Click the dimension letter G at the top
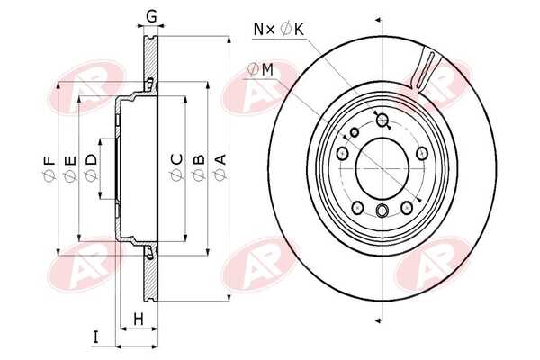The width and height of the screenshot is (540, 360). [151, 16]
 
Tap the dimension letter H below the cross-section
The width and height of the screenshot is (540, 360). [139, 319]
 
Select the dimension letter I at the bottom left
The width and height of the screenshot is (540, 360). [95, 337]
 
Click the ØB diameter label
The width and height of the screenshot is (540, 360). [198, 167]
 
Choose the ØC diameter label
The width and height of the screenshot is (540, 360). [177, 167]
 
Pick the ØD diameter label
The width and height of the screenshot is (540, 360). [91, 167]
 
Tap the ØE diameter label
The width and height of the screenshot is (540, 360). [69, 168]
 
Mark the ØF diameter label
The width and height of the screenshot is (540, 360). [49, 169]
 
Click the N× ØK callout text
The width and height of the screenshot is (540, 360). [279, 30]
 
